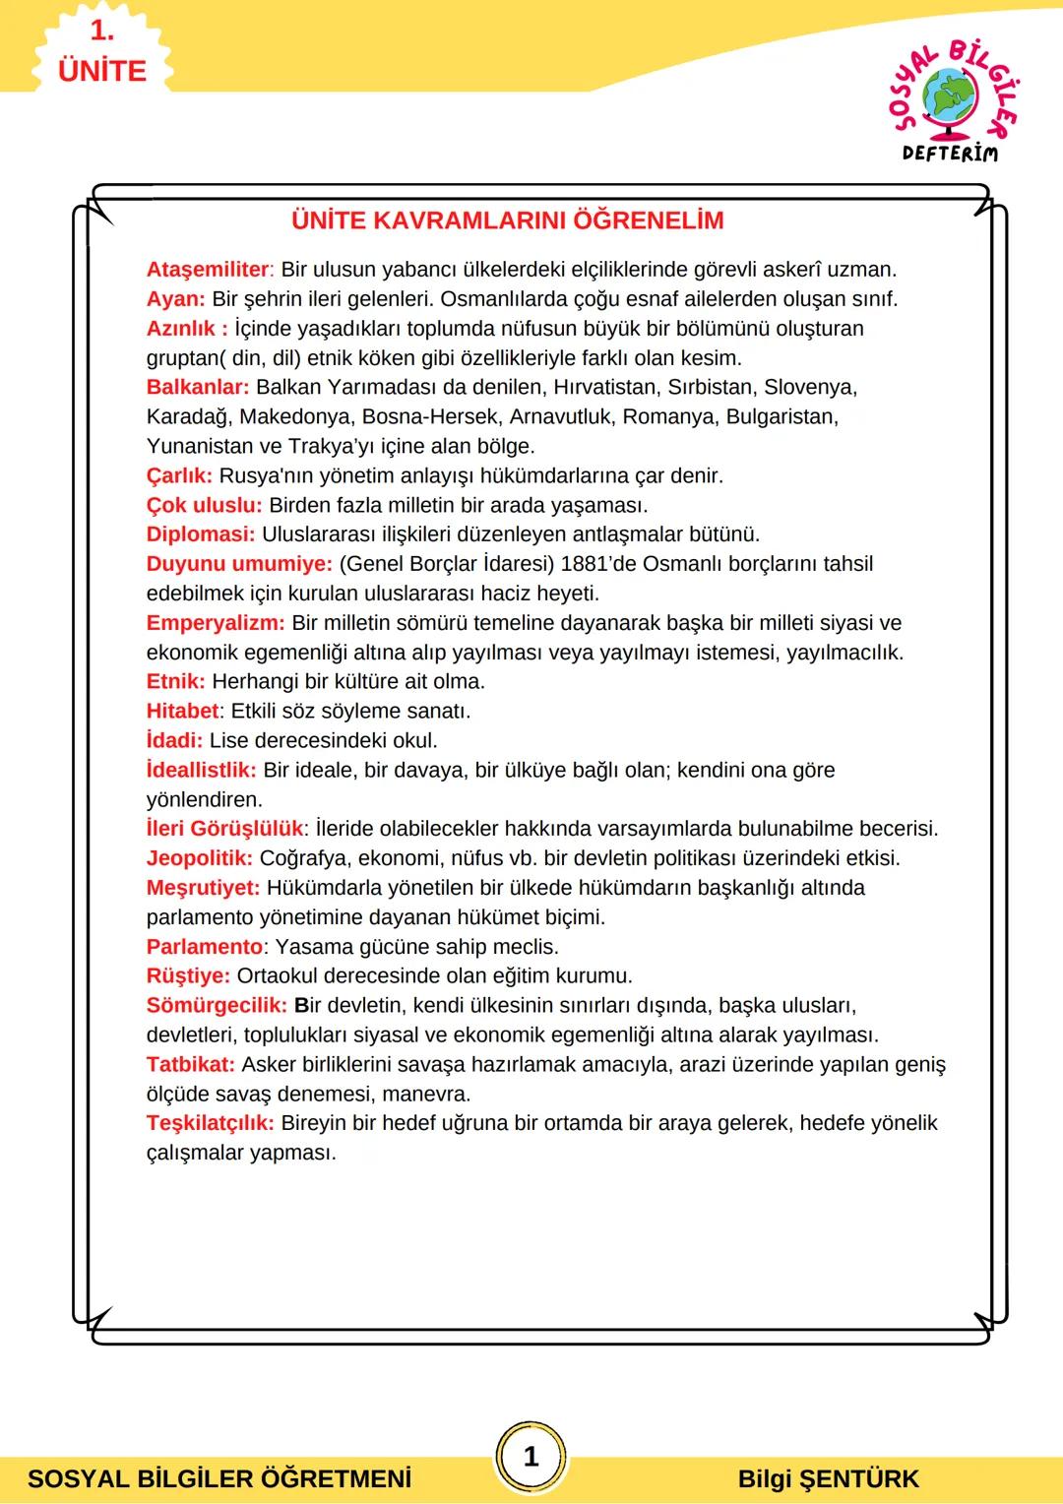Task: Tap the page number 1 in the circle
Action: pos(531,1456)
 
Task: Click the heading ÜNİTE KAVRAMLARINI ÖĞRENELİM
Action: pos(507,220)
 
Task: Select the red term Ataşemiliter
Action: pos(208,270)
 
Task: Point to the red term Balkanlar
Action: pos(197,387)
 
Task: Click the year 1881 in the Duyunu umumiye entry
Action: pos(585,564)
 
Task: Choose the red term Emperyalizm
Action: pos(215,623)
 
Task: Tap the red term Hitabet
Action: pos(182,711)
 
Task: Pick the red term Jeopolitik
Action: pos(199,858)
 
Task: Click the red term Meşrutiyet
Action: pos(203,888)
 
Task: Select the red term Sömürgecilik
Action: pos(217,1006)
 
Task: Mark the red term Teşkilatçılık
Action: pos(210,1123)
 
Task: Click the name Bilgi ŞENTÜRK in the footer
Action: pos(828,1479)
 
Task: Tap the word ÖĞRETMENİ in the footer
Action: pos(338,1479)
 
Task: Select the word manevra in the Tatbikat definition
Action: pos(425,1094)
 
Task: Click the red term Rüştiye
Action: pos(188,976)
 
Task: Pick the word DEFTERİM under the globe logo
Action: pos(949,154)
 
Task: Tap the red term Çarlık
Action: pos(179,475)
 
